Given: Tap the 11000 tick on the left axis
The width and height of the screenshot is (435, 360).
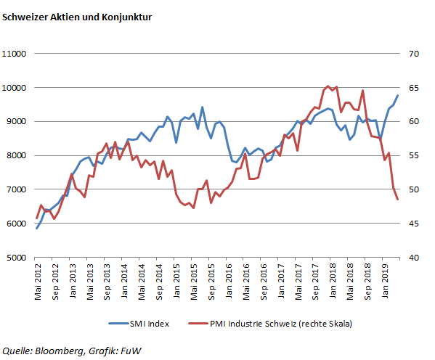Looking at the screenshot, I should [x=15, y=54].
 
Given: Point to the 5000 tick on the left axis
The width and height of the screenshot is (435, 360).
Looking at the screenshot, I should [x=17, y=257].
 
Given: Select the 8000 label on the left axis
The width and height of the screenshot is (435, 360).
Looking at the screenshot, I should [x=17, y=155].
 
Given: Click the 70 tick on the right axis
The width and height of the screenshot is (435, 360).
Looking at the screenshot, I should [x=414, y=54].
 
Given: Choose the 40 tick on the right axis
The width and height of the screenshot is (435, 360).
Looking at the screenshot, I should [x=414, y=257].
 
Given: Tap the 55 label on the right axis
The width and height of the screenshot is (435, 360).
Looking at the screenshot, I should [x=414, y=155].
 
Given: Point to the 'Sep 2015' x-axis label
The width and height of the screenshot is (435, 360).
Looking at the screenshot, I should [x=211, y=279].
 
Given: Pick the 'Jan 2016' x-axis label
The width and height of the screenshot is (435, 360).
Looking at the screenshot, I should [x=228, y=279].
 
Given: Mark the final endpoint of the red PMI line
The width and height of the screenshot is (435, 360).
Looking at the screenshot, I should [x=398, y=200].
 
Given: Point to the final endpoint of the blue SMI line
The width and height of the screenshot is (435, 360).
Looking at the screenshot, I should [x=398, y=95].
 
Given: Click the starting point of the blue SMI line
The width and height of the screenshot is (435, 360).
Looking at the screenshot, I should [x=37, y=229].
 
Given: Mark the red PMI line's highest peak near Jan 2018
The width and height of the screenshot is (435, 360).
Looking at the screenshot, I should [x=328, y=86].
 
